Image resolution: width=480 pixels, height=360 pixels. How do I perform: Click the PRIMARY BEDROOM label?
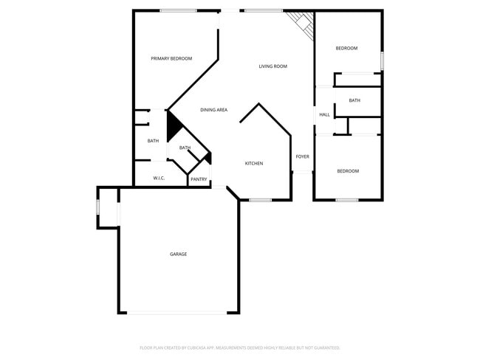coord(171,58)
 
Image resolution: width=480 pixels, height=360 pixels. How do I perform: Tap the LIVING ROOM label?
coord(272,66)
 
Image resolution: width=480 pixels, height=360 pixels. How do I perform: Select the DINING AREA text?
coord(213,110)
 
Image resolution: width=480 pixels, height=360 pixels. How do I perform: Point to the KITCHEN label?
coord(254,163)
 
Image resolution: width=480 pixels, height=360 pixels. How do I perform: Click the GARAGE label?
coord(178,254)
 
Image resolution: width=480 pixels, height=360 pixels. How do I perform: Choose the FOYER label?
coord(302,156)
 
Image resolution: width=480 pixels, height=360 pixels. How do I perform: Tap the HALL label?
coord(324,114)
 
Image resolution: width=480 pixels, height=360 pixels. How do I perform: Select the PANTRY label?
coord(199,179)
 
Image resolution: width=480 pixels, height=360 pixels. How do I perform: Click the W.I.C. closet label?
coord(159,178)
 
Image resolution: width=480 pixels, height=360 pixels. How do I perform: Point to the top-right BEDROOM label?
coord(346,49)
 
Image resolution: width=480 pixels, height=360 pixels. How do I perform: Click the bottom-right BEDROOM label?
coord(348,171)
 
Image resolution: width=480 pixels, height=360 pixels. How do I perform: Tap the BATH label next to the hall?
coord(354,100)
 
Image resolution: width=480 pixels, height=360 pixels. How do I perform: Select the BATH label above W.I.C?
coord(153,141)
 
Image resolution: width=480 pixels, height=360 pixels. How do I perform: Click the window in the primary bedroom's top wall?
coord(178,10)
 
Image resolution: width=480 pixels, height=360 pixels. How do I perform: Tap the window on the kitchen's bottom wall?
coord(260,200)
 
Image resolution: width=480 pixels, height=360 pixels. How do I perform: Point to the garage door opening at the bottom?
coord(178,313)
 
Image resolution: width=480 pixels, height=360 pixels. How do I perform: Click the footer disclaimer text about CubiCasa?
coord(240,347)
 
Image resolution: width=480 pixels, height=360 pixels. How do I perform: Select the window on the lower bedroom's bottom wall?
coord(346,200)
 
